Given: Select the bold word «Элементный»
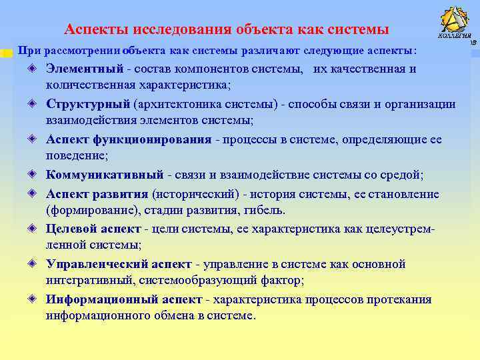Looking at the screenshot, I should point(85,69).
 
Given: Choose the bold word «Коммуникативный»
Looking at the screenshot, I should point(105,175).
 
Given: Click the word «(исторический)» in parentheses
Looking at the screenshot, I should point(193,194).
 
